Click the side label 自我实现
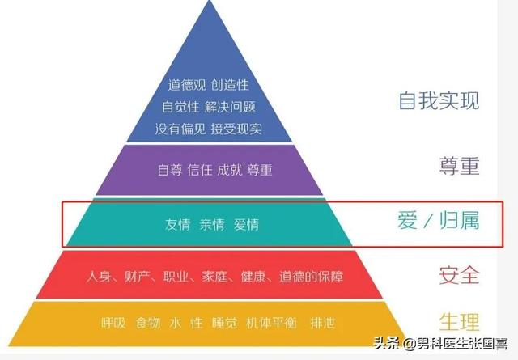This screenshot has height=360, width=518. coord(439,100)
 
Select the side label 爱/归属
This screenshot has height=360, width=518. coord(439,220)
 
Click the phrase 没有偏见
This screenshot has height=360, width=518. coord(180,128)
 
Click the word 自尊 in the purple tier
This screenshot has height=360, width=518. coord(170,170)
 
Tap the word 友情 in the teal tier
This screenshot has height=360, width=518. coord(177,224)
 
